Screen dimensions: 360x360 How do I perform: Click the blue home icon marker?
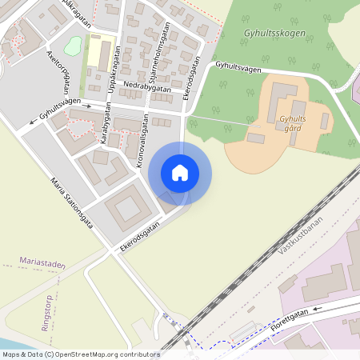coord(180,172)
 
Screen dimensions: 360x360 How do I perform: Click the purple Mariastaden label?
coord(42,262)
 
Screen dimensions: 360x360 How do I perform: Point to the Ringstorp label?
coord(44,313)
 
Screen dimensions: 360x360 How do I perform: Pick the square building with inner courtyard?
coord(126,210)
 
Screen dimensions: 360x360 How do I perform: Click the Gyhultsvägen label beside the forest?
coord(238,69)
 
